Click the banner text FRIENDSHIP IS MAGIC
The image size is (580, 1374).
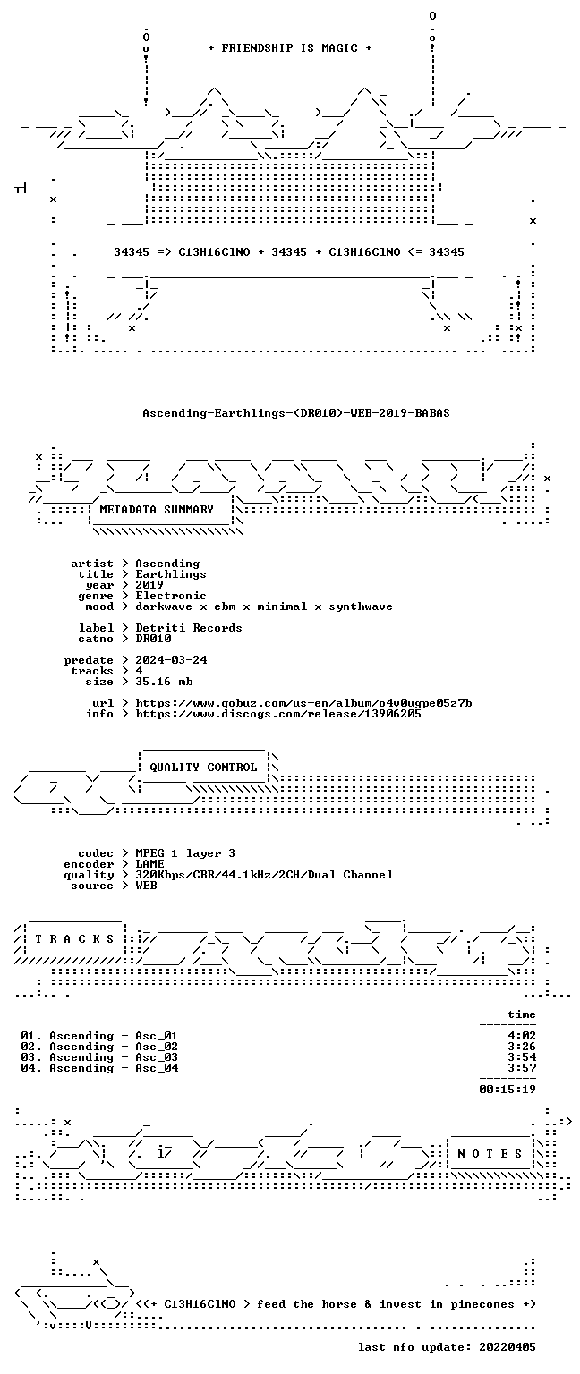point(290,47)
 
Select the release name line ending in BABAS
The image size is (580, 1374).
point(296,412)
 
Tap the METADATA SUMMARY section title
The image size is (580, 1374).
point(157,509)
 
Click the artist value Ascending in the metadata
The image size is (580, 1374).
point(167,564)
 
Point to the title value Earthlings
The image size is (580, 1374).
point(171,574)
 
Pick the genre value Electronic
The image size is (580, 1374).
point(171,596)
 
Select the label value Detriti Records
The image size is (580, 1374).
point(189,627)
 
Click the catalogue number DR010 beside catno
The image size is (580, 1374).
point(153,639)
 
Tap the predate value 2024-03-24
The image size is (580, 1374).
point(171,660)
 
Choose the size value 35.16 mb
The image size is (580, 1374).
point(164,682)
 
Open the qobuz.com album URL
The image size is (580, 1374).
point(303,703)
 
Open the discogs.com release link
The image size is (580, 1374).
point(278,714)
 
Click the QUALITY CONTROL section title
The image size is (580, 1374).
point(203,767)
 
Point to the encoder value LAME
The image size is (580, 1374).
point(149,863)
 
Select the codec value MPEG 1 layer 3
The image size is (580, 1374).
point(185,853)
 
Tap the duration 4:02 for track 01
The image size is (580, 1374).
point(522,1035)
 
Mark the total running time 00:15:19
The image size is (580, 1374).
point(507,1089)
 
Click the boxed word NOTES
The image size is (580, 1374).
point(490,1153)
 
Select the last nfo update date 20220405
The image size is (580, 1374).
point(507,1346)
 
